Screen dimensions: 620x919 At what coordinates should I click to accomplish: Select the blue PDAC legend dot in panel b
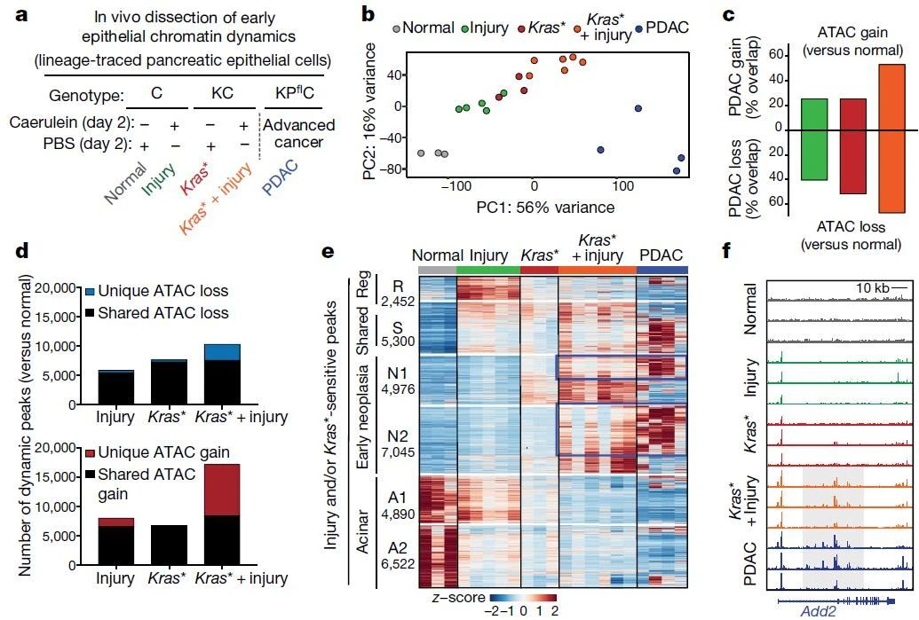[x=640, y=27]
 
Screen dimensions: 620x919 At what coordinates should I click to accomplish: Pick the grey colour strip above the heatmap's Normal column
[x=436, y=269]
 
